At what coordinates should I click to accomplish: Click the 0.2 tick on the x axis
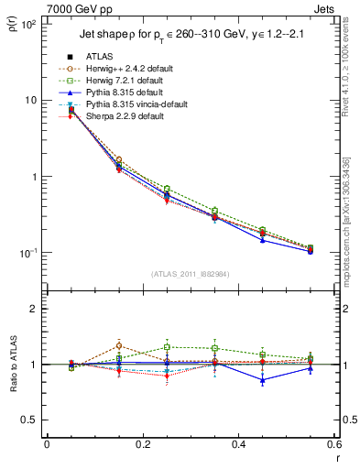142,445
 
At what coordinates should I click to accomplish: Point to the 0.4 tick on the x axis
238,445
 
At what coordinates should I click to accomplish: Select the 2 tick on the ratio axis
37,309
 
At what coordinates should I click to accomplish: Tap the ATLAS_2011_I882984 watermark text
190,274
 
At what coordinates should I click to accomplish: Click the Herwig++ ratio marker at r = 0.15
118,345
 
